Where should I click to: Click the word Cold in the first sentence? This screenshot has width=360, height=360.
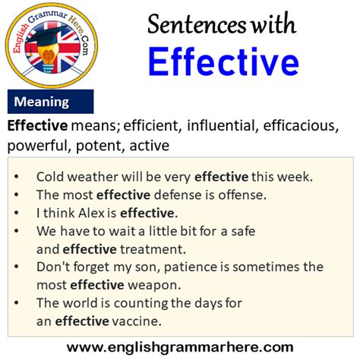(x=51, y=175)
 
